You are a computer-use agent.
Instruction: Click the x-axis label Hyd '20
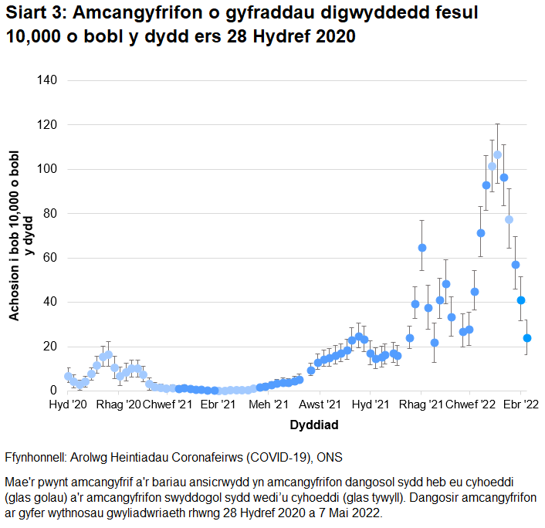click(x=68, y=404)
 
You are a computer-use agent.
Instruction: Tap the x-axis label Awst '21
click(x=320, y=404)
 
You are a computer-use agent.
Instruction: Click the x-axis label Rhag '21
click(x=421, y=404)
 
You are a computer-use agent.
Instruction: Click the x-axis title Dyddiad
click(x=314, y=425)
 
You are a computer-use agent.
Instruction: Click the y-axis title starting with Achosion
click(x=22, y=235)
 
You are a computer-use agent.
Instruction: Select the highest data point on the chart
click(x=497, y=155)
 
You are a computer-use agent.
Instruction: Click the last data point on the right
click(x=527, y=338)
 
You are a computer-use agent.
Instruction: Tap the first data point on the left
click(x=68, y=377)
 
